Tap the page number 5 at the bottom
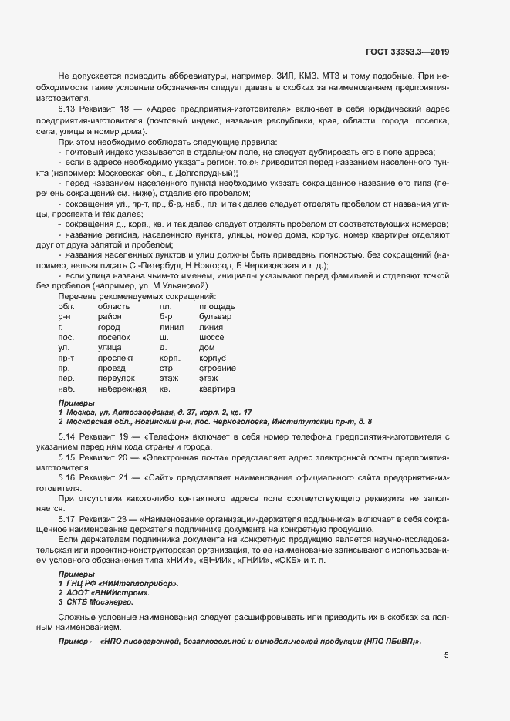(x=446, y=655)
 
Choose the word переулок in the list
(x=114, y=379)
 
